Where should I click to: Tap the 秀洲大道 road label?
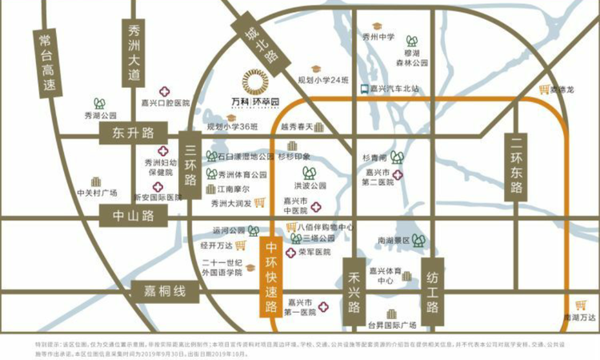(134, 53)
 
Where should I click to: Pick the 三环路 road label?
(190, 164)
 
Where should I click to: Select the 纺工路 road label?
(432, 293)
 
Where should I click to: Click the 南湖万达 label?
(581, 317)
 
